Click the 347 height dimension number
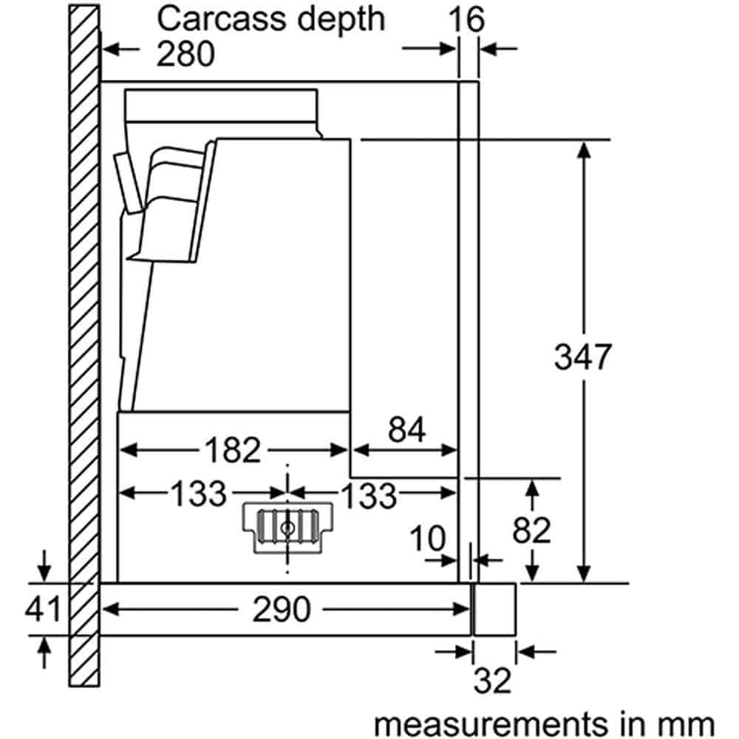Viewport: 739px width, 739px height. tap(583, 358)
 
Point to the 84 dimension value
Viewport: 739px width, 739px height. tap(406, 430)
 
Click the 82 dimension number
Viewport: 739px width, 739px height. tap(531, 530)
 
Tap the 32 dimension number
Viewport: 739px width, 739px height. tap(493, 681)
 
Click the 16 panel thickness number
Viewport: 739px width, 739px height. tap(468, 20)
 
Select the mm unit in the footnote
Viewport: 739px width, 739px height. tap(690, 722)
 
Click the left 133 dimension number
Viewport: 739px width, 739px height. tap(200, 494)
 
